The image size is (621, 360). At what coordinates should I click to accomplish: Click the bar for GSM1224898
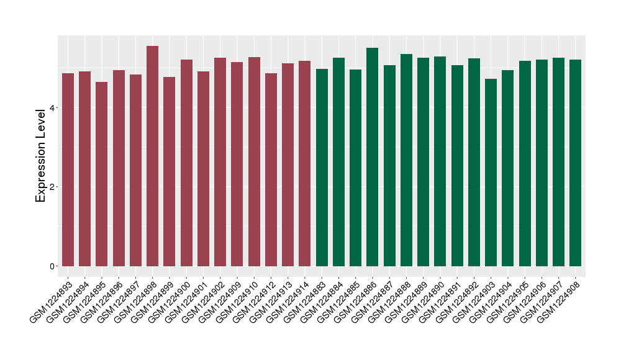152,155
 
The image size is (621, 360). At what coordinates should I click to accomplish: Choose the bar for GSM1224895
102,174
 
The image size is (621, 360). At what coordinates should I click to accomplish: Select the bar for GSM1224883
322,167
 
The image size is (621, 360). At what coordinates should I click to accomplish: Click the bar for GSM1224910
254,161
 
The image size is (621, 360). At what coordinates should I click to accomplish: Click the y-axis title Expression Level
41,155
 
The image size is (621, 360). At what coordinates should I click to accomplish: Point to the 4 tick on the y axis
53,108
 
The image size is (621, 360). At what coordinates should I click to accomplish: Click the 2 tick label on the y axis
53,187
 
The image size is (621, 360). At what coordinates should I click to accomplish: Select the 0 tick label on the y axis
53,266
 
